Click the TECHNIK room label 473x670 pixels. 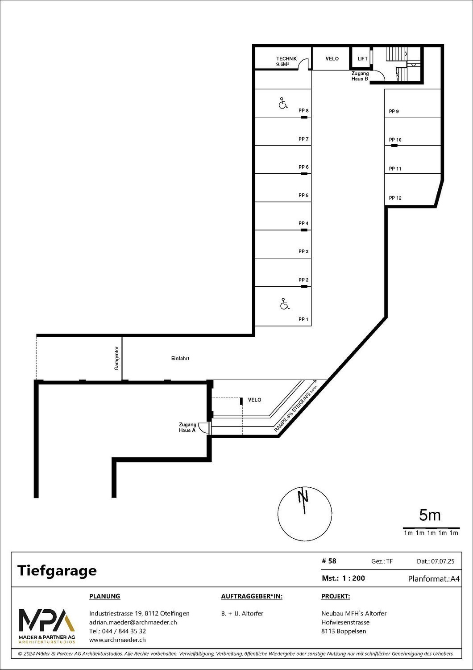[286, 59]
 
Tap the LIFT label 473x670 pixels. [362, 59]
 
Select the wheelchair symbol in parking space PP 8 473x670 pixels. [283, 103]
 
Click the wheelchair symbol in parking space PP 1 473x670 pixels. [285, 304]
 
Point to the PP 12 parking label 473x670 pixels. [395, 198]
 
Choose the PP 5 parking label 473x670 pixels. [303, 195]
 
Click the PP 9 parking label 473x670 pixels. [394, 111]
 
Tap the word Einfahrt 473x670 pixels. [180, 358]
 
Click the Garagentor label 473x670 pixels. [116, 358]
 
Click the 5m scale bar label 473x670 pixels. [430, 515]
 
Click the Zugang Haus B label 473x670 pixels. [360, 76]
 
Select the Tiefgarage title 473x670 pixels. [57, 571]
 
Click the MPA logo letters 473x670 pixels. [47, 620]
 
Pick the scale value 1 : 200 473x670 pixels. [354, 578]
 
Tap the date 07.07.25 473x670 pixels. [443, 561]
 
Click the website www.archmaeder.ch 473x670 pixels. [117, 640]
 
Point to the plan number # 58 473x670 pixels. [329, 561]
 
